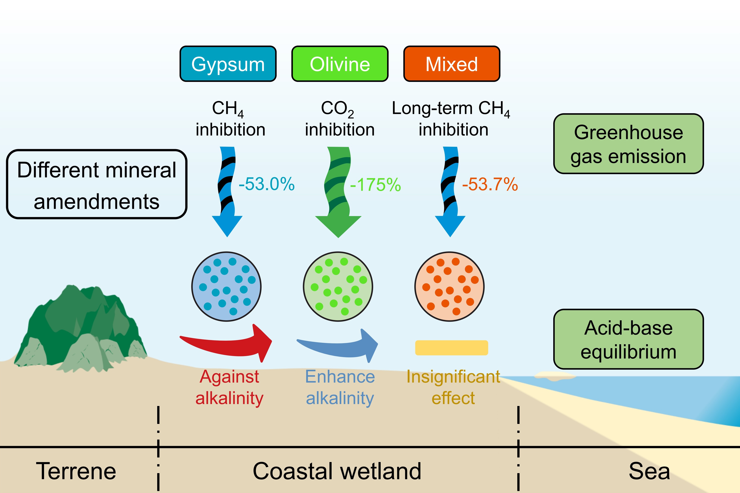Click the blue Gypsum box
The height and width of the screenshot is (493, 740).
(228, 64)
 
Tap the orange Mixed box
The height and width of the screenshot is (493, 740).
(452, 64)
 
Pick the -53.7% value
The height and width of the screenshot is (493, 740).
(490, 184)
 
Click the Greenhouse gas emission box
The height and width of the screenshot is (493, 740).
(628, 144)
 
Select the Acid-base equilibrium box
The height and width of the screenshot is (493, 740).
(628, 339)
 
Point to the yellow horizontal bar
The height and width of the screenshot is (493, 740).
(451, 348)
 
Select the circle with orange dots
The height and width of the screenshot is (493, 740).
(449, 286)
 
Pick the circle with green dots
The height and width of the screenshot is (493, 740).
(338, 286)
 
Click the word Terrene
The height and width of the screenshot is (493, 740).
(76, 471)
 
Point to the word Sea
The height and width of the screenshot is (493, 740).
(649, 471)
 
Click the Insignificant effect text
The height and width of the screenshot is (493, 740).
(453, 387)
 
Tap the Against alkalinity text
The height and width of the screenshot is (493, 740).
(229, 387)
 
